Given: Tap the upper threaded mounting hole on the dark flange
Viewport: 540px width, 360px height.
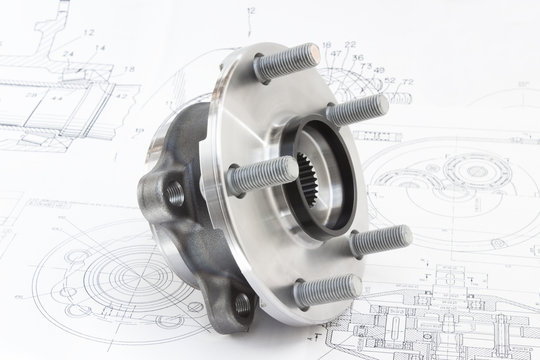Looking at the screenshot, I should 176,193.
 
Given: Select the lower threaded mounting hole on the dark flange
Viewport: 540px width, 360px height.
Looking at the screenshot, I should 241,304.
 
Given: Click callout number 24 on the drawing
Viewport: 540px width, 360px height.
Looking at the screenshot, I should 67,54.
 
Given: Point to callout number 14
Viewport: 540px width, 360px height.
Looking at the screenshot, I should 100,48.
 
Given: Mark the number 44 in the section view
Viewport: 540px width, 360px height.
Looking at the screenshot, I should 56,98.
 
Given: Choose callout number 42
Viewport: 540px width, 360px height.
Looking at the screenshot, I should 121,97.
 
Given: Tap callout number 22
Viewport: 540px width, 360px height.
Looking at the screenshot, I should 350,45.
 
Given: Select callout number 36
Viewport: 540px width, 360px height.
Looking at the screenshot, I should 358,58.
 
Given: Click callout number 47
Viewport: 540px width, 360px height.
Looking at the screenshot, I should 336,53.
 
